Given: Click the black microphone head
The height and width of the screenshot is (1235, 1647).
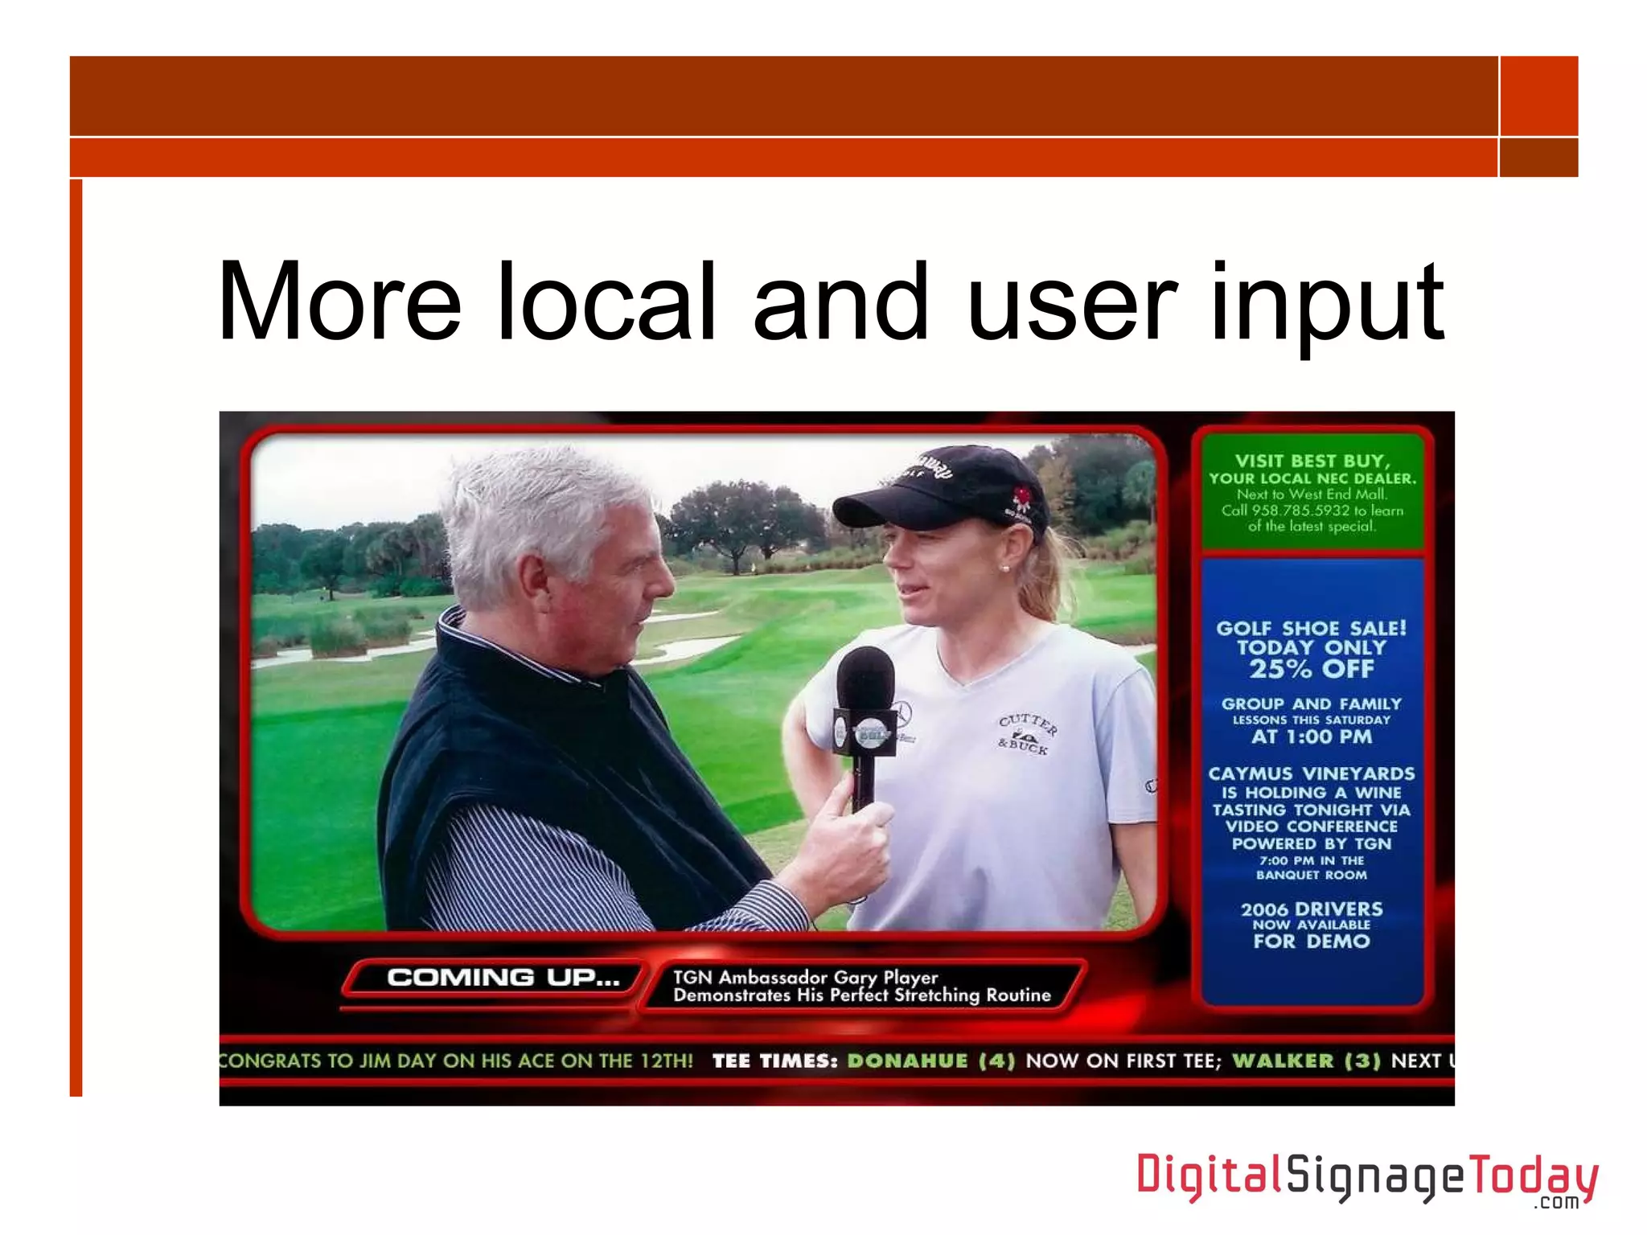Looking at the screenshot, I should point(865,679).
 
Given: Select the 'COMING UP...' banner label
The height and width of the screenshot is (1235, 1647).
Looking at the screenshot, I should point(503,978).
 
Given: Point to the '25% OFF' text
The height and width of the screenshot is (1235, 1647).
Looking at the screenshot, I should point(1311,669).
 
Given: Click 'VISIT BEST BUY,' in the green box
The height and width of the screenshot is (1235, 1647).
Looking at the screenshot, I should point(1312,461).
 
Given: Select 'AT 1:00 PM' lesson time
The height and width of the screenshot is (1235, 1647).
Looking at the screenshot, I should point(1311,736).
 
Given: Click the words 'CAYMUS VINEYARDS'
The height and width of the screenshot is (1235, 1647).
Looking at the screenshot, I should point(1311,773).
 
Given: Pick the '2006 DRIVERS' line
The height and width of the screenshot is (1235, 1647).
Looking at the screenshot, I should point(1311,909).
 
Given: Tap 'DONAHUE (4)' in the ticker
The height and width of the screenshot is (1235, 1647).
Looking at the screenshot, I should point(931,1061).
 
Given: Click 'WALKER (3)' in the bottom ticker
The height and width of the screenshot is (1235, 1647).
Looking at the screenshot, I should point(1306,1061).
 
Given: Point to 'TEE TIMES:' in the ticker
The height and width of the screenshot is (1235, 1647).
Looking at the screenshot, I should point(774,1061).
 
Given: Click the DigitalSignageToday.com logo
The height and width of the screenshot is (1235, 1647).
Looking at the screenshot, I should point(1366,1179).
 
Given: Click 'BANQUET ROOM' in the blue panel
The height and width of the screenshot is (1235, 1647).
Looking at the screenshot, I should point(1311,875).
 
